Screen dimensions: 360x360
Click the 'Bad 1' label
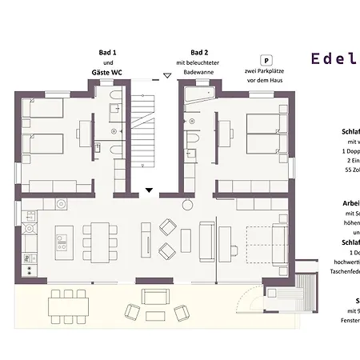tap(108, 52)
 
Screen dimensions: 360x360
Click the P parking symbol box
tap(266, 60)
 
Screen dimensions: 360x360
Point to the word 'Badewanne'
tap(198, 71)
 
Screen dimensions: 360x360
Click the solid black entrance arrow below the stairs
tap(149, 190)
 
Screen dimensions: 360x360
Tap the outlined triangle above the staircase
tap(166, 75)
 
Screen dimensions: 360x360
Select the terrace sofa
tap(157, 297)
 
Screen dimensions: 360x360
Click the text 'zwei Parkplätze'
tap(266, 71)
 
